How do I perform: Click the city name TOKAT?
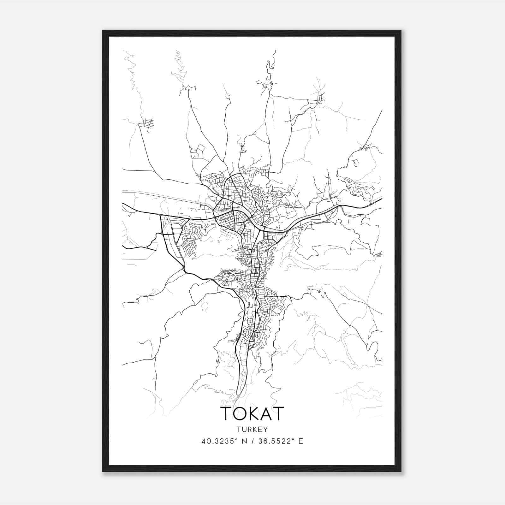click(x=252, y=413)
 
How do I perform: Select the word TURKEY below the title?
click(x=252, y=430)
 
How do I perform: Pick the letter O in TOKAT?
click(x=239, y=413)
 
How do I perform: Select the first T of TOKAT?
click(x=226, y=413)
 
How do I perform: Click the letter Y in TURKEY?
click(x=265, y=430)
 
